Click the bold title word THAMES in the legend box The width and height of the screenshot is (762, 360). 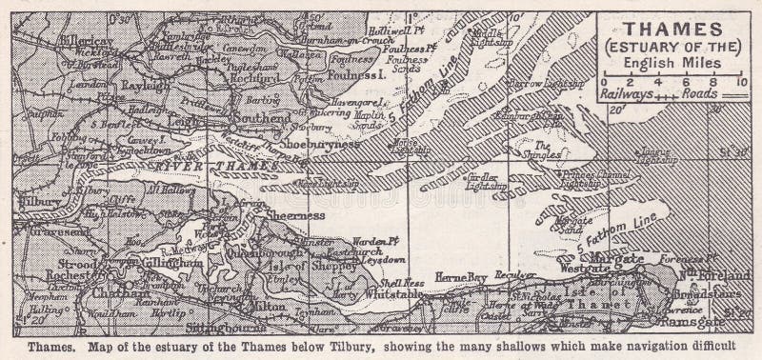point(672,29)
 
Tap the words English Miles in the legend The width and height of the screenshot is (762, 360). point(672,63)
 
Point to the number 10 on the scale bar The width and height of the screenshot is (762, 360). point(741,83)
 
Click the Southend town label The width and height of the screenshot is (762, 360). point(266,118)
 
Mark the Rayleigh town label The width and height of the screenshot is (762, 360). point(143,85)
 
